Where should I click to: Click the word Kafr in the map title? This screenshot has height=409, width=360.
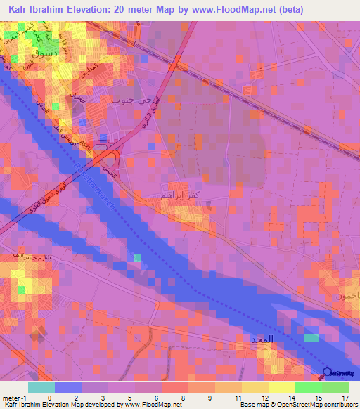tap(20, 11)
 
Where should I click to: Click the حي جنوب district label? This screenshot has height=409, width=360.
tap(128, 100)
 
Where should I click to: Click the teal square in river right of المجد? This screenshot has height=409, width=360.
tap(310, 338)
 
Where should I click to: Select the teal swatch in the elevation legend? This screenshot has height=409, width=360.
tap(41, 387)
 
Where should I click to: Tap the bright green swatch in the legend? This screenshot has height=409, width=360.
tap(309, 387)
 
